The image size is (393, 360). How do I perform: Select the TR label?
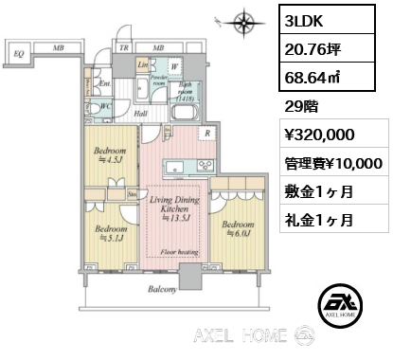tap(124, 46)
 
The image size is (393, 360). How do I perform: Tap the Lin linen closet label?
tap(142, 65)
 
